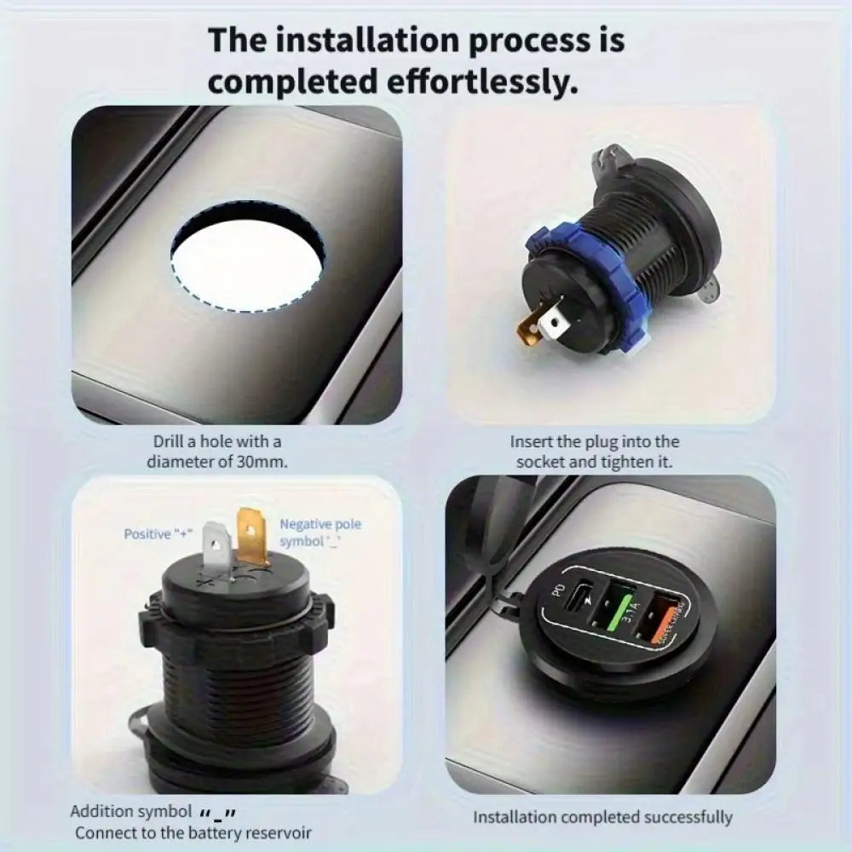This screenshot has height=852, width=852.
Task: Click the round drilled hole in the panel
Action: (247, 254)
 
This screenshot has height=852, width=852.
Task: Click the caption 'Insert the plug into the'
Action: (595, 442)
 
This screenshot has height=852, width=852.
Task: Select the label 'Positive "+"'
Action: (158, 534)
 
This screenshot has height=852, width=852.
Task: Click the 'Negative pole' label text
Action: (320, 524)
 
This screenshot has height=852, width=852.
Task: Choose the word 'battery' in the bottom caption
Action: (222, 832)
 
